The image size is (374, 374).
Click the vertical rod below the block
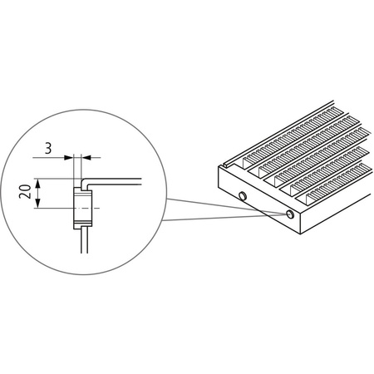click(81, 245)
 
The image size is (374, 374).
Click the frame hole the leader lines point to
click(288, 214)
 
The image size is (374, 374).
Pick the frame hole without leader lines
click(241, 196)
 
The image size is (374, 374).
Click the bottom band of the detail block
click(82, 224)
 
